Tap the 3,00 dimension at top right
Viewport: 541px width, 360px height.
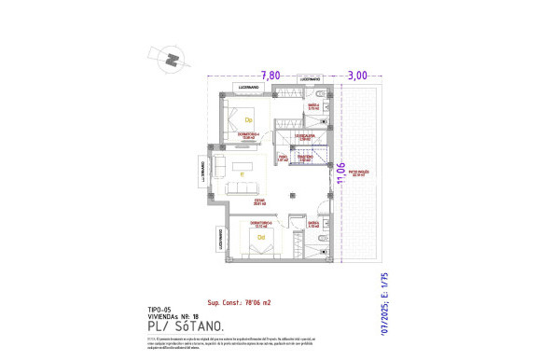pyautogui.click(x=356, y=75)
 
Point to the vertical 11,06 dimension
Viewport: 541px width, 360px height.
pyautogui.click(x=340, y=173)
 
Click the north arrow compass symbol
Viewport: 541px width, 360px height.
pyautogui.click(x=171, y=58)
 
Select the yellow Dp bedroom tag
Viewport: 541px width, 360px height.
pyautogui.click(x=248, y=120)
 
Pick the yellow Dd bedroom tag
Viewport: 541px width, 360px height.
pyautogui.click(x=260, y=238)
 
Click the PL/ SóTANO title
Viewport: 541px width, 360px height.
pyautogui.click(x=185, y=325)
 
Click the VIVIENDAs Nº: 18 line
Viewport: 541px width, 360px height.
pyautogui.click(x=173, y=315)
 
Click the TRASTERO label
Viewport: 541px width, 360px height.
pyautogui.click(x=302, y=159)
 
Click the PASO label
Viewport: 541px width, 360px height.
pyautogui.click(x=283, y=159)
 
